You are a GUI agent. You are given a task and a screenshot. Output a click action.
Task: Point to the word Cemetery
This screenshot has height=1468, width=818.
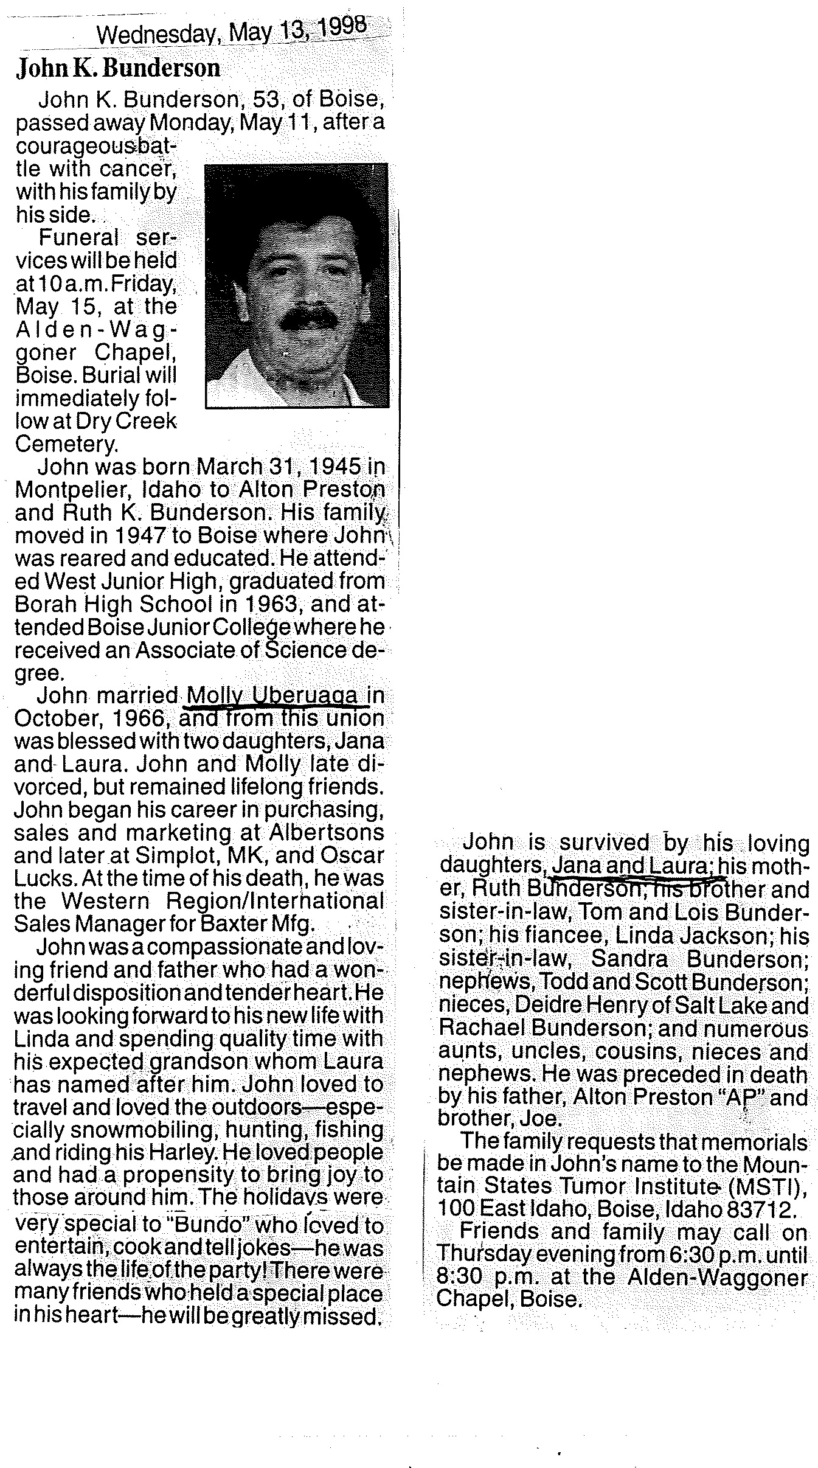point(66,444)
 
